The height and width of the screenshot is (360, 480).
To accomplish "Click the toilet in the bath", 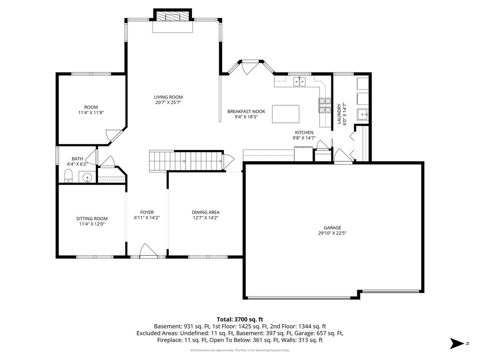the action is [x=68, y=176].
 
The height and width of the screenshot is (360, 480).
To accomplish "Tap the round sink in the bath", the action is [x=87, y=177].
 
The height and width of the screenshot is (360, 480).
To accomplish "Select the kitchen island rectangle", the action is [x=286, y=114].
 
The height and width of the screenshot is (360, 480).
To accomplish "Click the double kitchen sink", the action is [x=299, y=82].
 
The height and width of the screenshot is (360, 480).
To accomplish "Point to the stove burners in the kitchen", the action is [x=325, y=105].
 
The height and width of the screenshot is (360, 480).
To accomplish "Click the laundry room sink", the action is [x=363, y=114].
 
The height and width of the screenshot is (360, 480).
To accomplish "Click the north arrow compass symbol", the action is [x=457, y=343].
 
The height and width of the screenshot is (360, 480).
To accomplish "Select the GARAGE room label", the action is [x=332, y=228].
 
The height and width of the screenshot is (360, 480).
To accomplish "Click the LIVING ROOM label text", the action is [x=168, y=97].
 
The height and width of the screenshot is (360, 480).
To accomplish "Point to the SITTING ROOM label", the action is [x=92, y=218].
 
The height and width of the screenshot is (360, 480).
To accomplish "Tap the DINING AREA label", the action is [x=206, y=212].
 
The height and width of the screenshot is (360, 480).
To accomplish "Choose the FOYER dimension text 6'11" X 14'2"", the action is [x=147, y=218].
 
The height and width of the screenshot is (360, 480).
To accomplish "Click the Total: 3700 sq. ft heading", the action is [x=240, y=319].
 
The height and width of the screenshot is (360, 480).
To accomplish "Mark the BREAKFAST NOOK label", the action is [x=246, y=112].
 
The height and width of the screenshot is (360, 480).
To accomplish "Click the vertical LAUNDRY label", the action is [x=339, y=114].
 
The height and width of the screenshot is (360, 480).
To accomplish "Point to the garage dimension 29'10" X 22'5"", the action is [x=332, y=233].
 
